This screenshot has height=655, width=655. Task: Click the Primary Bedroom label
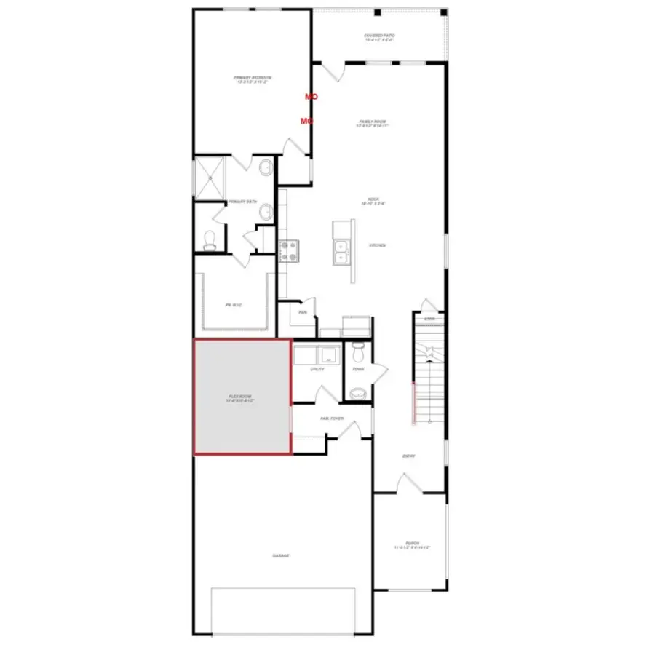252,80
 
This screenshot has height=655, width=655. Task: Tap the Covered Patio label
378,37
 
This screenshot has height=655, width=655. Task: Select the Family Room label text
373,124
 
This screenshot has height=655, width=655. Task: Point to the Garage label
281,556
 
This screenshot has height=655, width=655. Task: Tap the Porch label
412,544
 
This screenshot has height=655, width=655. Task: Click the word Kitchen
377,245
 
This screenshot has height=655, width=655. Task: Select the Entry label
409,456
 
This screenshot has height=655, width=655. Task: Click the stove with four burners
289,251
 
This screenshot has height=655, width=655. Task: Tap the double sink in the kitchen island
341,252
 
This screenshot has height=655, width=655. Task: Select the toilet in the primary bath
210,239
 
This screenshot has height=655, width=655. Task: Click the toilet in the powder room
357,353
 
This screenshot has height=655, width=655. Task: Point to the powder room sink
357,394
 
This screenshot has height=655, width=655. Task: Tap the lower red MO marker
306,121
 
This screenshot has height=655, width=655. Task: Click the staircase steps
429,378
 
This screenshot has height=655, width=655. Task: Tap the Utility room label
317,369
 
